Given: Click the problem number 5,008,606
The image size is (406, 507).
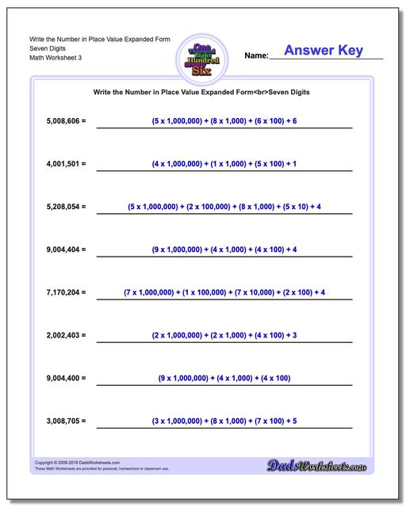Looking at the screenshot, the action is (63, 120).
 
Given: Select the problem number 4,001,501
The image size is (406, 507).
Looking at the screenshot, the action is (63, 164).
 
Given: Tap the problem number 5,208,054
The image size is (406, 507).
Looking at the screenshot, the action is (63, 207).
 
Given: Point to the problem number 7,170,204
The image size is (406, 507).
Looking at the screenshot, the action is (63, 293).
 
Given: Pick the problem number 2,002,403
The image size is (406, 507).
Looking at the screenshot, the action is (63, 336).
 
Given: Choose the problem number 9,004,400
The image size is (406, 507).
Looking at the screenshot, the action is (63, 379).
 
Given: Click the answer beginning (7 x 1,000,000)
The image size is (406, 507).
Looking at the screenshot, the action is (224, 293).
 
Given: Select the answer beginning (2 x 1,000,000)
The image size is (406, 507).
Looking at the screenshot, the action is (224, 336).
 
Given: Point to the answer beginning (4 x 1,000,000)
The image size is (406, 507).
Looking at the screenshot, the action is (224, 164).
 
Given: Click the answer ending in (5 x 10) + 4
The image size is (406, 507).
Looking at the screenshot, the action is (224, 207).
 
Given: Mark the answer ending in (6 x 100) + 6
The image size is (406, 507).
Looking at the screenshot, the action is (224, 120).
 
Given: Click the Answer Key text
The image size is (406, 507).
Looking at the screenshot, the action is (323, 51).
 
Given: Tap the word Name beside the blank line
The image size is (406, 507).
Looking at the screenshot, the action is (256, 56).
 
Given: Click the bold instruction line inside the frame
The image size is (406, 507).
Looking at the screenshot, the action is (201, 92).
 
